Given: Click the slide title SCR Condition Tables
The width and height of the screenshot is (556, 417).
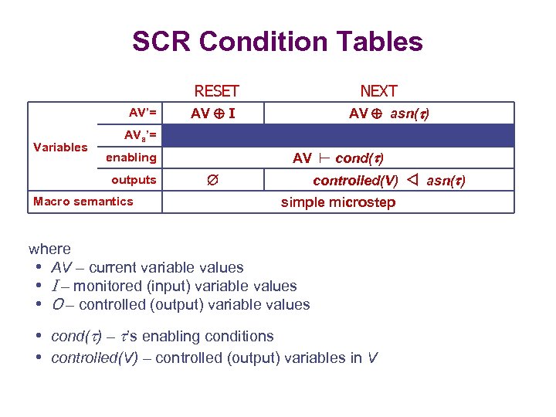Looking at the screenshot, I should [277, 41].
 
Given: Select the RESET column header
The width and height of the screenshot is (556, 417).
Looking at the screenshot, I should [216, 91].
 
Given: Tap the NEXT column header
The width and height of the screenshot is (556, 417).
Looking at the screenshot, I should [378, 91].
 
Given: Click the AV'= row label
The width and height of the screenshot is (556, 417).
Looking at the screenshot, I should [142, 113].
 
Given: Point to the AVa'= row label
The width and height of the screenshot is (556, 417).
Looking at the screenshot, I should [141, 135].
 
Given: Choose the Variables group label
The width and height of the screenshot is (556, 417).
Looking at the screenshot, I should [60, 147].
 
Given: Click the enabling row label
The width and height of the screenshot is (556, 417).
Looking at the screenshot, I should [131, 158].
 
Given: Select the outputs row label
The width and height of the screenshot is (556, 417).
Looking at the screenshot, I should [134, 180].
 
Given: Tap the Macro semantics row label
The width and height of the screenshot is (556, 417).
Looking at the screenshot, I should [83, 202].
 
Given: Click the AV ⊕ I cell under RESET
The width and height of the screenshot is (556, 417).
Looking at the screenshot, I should [214, 114].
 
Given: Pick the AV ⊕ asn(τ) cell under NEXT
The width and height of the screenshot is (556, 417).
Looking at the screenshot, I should [389, 114].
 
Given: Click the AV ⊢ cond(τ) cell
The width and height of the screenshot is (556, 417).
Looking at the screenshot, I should [338, 158].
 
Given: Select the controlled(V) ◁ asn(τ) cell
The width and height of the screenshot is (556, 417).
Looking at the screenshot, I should [388, 181].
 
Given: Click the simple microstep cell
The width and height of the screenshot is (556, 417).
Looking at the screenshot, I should [338, 202].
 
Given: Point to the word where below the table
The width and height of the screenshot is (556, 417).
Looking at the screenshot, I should [49, 249].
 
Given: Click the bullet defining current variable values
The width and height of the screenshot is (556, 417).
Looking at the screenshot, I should [147, 267].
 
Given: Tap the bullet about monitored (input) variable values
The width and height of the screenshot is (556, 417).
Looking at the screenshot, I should [173, 286].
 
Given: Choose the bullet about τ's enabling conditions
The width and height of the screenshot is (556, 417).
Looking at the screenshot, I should [161, 337].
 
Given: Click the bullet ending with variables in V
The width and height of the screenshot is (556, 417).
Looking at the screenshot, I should [214, 358].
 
